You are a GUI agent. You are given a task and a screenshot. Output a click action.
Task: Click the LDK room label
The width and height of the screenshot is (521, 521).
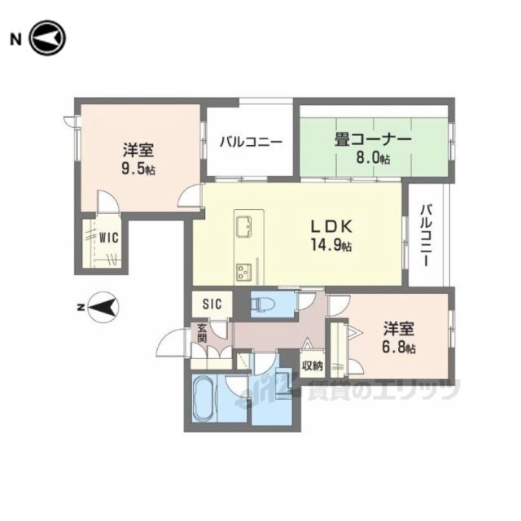pos(331,227)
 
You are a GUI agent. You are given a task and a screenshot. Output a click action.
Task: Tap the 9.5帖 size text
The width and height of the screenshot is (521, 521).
pos(138,170)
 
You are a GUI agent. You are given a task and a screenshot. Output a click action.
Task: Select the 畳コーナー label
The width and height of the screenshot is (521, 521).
pos(373,140)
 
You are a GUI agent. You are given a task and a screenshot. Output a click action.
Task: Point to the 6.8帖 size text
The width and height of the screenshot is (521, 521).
pos(398,348)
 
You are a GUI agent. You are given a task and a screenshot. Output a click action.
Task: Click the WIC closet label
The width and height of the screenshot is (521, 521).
pos(109,238)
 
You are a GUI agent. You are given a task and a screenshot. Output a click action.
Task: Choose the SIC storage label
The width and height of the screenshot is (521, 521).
pos(212,304)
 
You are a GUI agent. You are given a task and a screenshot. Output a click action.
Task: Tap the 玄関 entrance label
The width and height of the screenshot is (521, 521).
pos(202,333)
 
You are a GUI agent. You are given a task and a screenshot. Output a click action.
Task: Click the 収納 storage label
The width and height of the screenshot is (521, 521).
pos(313,366)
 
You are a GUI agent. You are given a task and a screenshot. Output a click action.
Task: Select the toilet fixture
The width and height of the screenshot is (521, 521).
pos(263,304)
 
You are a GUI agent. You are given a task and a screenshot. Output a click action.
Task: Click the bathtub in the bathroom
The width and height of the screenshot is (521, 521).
pos(204,399)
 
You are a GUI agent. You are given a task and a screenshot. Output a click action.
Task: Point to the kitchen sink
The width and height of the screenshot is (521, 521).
pos(244,226)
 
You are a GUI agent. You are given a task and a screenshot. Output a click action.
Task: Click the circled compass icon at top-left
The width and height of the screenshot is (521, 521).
pos(48,38)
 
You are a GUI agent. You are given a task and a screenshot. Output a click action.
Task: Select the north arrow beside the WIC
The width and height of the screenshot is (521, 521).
pos(103,308)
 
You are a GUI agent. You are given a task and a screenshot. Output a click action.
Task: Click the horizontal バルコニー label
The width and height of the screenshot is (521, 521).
pos(252,142)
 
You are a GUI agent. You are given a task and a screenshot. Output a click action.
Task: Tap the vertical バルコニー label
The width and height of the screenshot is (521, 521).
pos(427,235)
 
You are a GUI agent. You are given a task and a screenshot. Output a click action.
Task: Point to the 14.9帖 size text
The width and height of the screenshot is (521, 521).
pos(331,245)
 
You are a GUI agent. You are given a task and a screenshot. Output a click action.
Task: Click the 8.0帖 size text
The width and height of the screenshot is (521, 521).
pos(373,159)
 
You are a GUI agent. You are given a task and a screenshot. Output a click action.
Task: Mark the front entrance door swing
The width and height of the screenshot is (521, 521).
pos(170,343)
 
